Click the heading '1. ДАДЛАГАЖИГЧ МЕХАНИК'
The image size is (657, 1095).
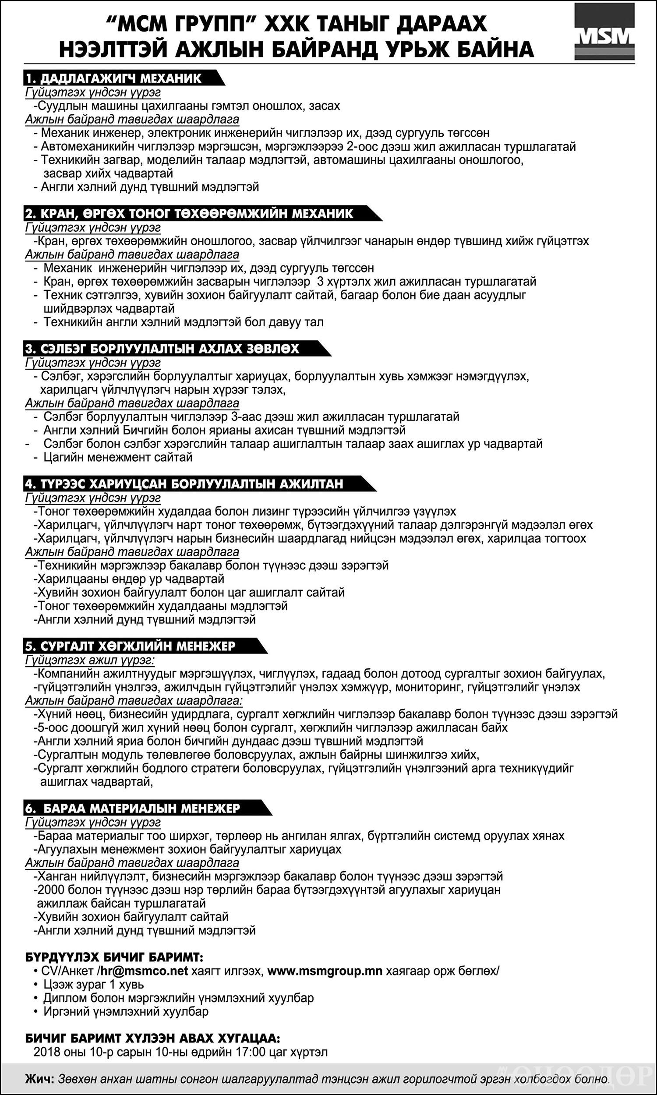114,78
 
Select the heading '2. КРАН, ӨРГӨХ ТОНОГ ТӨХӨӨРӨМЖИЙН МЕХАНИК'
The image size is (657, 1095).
190,213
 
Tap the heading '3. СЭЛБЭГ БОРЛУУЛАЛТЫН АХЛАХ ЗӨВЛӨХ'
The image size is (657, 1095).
162,349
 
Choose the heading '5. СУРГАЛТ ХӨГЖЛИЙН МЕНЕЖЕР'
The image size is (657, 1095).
131,646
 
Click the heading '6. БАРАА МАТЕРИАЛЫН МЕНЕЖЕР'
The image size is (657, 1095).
133,808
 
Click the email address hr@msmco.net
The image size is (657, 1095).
144,971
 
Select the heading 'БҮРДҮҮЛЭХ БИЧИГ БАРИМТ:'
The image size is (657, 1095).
114,957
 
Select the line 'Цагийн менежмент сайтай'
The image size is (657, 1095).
118,457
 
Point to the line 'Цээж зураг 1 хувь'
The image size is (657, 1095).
93,984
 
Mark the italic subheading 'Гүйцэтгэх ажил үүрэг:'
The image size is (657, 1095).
90,660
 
